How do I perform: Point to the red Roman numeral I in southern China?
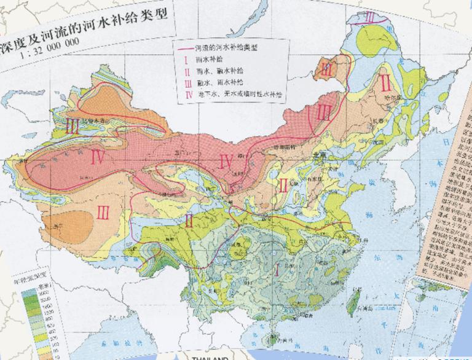click(x=278, y=268)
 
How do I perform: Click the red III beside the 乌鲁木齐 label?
click(x=73, y=126)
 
